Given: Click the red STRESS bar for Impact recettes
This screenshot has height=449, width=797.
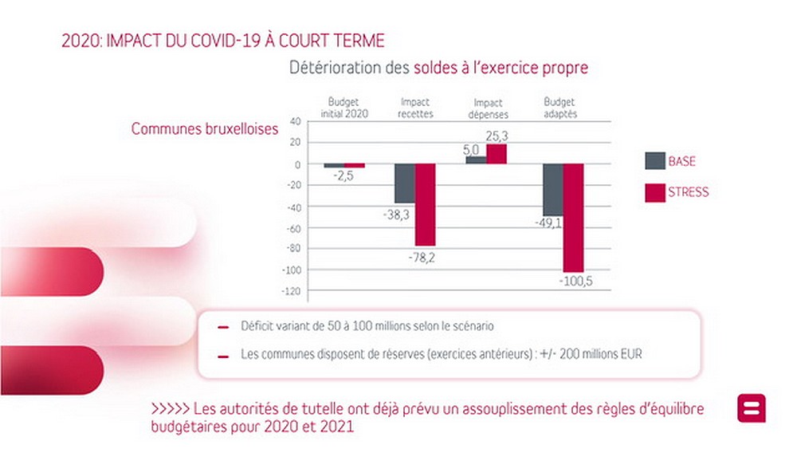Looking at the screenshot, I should pyautogui.click(x=425, y=204).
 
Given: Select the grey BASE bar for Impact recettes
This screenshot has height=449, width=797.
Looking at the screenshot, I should pyautogui.click(x=405, y=183).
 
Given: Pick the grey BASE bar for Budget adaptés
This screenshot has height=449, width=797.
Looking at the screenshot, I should pyautogui.click(x=552, y=189).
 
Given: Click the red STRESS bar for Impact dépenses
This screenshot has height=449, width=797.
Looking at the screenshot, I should pyautogui.click(x=497, y=154).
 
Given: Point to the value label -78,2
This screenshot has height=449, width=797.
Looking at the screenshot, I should pyautogui.click(x=422, y=258).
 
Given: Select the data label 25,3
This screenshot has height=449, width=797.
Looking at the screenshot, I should pyautogui.click(x=496, y=136).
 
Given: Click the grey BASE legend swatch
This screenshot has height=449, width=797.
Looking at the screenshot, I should pyautogui.click(x=654, y=161).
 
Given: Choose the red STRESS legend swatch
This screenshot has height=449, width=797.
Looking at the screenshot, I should pyautogui.click(x=654, y=192).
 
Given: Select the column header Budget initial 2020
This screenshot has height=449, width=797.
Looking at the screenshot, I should pyautogui.click(x=344, y=108).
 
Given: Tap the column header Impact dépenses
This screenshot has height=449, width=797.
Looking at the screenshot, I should pyautogui.click(x=488, y=108).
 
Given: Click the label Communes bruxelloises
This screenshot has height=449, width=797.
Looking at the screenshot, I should pyautogui.click(x=205, y=128).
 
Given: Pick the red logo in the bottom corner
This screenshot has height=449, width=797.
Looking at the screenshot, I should pyautogui.click(x=752, y=408).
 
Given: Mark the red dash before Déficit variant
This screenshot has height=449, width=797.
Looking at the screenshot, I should pyautogui.click(x=223, y=326).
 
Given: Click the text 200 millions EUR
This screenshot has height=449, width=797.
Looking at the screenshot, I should pyautogui.click(x=599, y=354).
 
